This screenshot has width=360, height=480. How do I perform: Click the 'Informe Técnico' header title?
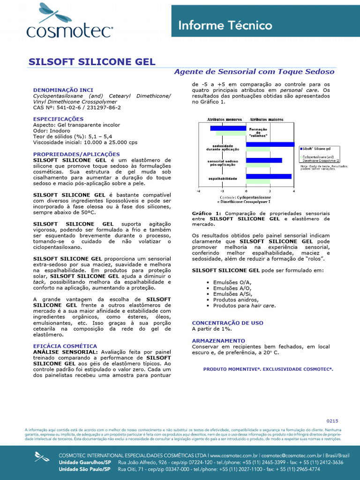(225, 25)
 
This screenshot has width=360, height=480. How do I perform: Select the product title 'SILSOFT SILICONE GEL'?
(92, 62)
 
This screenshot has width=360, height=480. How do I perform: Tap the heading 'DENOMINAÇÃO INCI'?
(63, 90)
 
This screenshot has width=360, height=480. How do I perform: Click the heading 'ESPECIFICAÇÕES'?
(58, 119)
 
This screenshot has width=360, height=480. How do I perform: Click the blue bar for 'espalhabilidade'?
(269, 177)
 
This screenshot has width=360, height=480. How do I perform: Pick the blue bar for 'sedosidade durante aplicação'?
(270, 144)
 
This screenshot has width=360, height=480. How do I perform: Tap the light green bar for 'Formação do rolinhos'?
(231, 133)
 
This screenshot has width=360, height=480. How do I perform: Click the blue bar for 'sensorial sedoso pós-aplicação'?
(264, 160)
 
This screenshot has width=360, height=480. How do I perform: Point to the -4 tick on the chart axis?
(198, 191)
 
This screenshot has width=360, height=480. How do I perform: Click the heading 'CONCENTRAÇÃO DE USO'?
(227, 323)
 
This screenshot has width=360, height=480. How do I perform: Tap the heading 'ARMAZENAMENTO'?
(218, 340)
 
